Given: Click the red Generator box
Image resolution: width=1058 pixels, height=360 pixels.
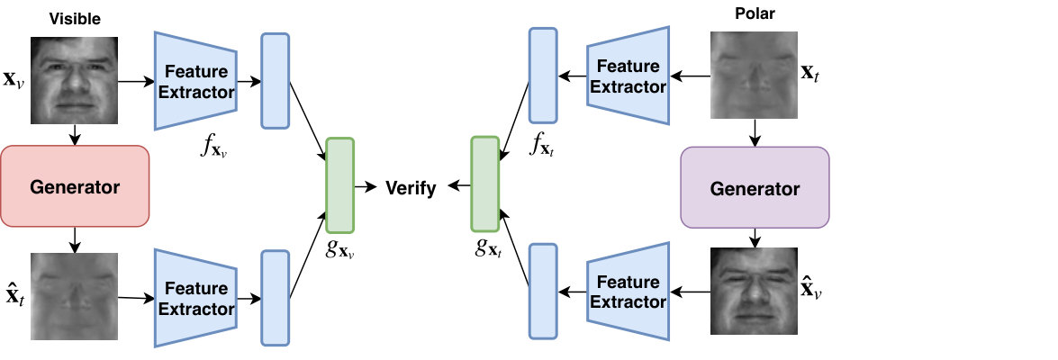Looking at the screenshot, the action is [x=74, y=186].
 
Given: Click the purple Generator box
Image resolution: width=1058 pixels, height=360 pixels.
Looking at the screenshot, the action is [x=755, y=187].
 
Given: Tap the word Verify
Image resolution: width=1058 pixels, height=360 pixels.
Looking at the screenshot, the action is [x=411, y=188].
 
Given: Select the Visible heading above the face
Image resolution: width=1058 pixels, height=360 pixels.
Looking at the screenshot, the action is [x=75, y=19].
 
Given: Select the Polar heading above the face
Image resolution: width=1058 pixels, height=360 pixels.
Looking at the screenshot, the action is [x=754, y=13].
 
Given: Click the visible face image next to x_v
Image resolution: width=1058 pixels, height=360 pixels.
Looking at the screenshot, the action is [x=74, y=80].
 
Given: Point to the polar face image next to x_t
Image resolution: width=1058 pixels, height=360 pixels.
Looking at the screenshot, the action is [x=755, y=75].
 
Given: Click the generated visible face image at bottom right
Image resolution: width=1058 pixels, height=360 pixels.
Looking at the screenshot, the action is [x=755, y=291].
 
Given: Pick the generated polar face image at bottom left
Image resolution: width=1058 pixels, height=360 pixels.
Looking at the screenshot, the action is [x=74, y=296].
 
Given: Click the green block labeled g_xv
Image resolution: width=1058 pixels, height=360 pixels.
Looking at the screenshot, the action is [x=340, y=184].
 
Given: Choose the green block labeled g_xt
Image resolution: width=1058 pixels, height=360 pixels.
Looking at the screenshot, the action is [x=485, y=184].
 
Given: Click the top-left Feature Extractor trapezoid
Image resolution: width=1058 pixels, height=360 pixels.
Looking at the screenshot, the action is [x=195, y=80].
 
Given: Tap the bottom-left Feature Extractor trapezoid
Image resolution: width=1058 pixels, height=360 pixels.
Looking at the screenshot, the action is [x=195, y=298].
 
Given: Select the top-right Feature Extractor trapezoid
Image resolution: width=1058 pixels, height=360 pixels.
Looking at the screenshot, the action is [x=628, y=76].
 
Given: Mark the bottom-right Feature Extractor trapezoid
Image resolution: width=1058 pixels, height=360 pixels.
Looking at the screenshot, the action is [x=628, y=292].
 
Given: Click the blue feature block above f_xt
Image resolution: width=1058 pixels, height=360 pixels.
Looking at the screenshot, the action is [x=543, y=76].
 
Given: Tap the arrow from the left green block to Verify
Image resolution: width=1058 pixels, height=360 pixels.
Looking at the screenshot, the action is [x=366, y=187].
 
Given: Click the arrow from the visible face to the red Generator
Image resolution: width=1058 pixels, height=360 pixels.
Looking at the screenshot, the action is [x=75, y=135].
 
